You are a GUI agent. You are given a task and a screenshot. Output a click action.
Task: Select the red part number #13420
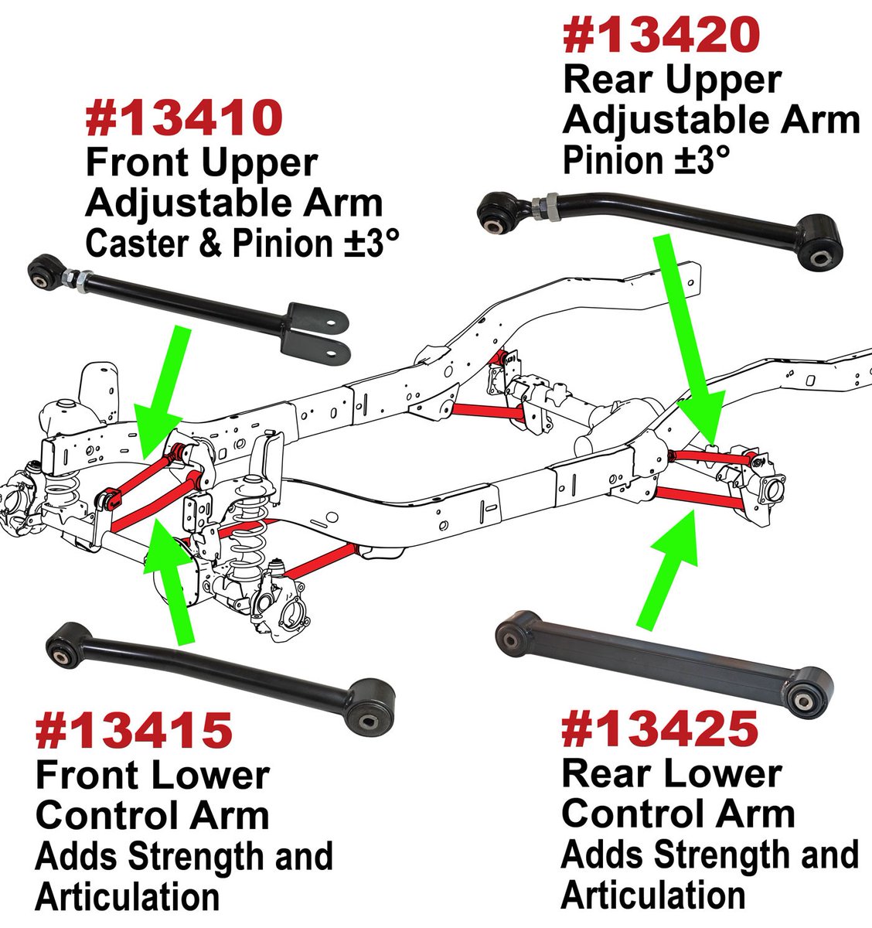point(662,36)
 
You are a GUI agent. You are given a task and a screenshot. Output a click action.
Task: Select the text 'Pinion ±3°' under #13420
point(645,161)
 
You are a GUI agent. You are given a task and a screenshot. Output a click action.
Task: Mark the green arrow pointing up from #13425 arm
point(669,572)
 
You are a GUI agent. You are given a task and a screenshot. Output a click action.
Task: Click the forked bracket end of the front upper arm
point(317,333)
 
